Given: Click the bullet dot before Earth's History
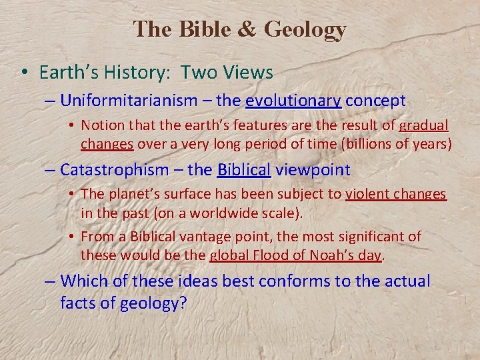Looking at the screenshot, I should (23, 72).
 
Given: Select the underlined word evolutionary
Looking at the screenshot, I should (293, 101).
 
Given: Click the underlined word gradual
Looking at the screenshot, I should (423, 125).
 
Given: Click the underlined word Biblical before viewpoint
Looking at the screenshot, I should (244, 170).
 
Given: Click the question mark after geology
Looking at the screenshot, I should (182, 303).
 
